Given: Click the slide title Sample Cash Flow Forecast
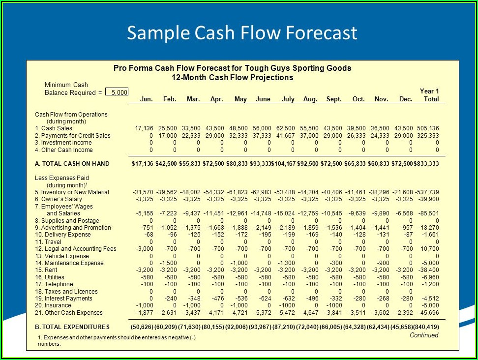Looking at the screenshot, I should coord(241,33).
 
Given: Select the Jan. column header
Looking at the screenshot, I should coord(146,99).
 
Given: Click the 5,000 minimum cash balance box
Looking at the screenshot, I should coord(117,92).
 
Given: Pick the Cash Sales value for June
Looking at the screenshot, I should coord(263,128).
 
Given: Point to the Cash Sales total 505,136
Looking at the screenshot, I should coord(427,128).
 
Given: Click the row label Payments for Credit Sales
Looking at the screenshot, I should coord(73,135).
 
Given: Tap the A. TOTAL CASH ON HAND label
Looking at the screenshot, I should coord(72,164).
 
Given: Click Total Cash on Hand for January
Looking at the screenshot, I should coord(143,164).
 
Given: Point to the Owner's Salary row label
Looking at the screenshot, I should coord(59,199).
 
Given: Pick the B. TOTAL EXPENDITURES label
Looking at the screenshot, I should coord(72,327).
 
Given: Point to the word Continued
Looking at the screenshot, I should coord(423,335).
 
